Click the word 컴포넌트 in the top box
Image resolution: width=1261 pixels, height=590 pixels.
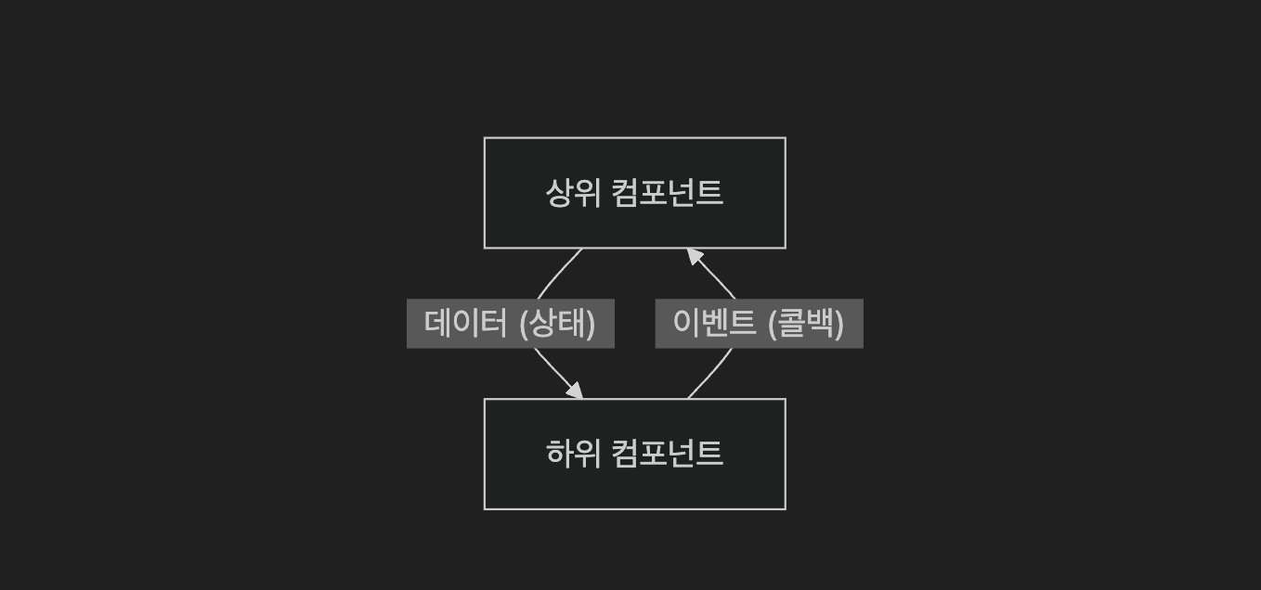point(667,193)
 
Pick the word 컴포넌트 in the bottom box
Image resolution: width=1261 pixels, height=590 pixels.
point(667,454)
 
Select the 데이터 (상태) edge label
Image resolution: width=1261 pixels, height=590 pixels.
point(510,324)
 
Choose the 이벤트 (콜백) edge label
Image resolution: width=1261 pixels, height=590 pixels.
point(759,324)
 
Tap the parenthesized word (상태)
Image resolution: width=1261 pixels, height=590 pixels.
point(557,324)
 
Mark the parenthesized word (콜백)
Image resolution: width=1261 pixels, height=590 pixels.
point(806,324)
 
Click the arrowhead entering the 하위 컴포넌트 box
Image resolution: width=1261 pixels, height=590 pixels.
point(576,391)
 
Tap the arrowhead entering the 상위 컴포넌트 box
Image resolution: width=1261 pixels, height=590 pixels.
point(694,255)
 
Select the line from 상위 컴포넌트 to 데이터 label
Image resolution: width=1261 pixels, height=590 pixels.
point(557,271)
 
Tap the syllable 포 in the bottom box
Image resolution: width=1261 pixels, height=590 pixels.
point(656,454)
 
